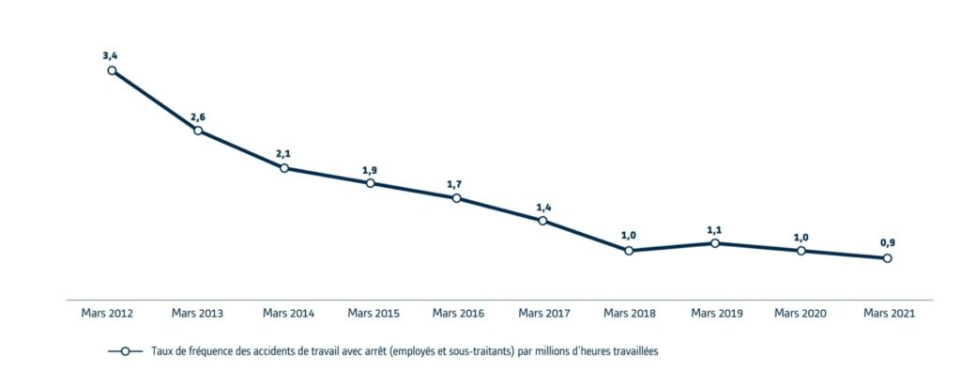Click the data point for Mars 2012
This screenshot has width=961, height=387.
point(112,70)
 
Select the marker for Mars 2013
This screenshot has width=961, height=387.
point(198,131)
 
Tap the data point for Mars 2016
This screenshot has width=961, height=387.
point(456,198)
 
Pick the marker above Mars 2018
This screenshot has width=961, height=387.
point(629,251)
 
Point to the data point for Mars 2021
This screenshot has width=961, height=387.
point(887,258)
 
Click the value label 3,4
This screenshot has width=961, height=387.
point(111,56)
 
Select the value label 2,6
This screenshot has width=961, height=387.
point(198,116)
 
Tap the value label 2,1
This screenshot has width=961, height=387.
point(283,154)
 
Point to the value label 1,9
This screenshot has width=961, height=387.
point(370,169)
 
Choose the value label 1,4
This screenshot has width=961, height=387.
point(542,207)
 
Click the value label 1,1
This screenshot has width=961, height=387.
point(715,229)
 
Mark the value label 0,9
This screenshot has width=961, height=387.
point(887,244)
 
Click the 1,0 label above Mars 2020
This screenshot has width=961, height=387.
point(801,237)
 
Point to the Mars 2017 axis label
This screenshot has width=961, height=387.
point(544,313)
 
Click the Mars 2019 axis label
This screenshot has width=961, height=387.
point(715,313)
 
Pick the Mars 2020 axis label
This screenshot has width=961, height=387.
point(801,313)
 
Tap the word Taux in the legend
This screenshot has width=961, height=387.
point(160,351)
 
